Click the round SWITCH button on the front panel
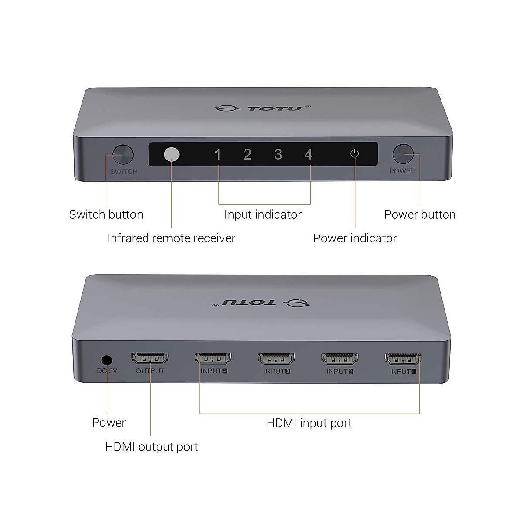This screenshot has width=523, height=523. [x=123, y=154]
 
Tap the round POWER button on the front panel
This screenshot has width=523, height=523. [x=403, y=154]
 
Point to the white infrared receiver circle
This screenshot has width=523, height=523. [x=172, y=154]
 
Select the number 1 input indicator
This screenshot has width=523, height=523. [x=217, y=155]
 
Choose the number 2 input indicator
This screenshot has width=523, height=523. [x=247, y=154]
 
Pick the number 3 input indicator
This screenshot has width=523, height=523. [x=278, y=154]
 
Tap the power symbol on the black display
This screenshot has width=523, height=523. [x=354, y=153]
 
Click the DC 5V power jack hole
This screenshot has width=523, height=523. [x=107, y=360]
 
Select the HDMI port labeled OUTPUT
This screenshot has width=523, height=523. [x=150, y=358]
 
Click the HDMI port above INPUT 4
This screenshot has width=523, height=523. [x=213, y=358]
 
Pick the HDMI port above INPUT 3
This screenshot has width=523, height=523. [x=276, y=358]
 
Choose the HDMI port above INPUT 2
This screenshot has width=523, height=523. [x=340, y=358]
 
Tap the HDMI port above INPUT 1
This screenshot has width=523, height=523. [x=403, y=358]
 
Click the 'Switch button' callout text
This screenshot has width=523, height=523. [x=106, y=215]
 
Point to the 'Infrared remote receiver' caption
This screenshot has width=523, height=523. [x=171, y=238]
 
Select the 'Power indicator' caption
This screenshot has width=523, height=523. [x=355, y=238]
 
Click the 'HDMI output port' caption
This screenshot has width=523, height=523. [x=151, y=447]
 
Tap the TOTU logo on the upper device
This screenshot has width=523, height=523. [x=262, y=108]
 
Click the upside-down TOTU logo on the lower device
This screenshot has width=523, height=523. [x=261, y=303]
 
